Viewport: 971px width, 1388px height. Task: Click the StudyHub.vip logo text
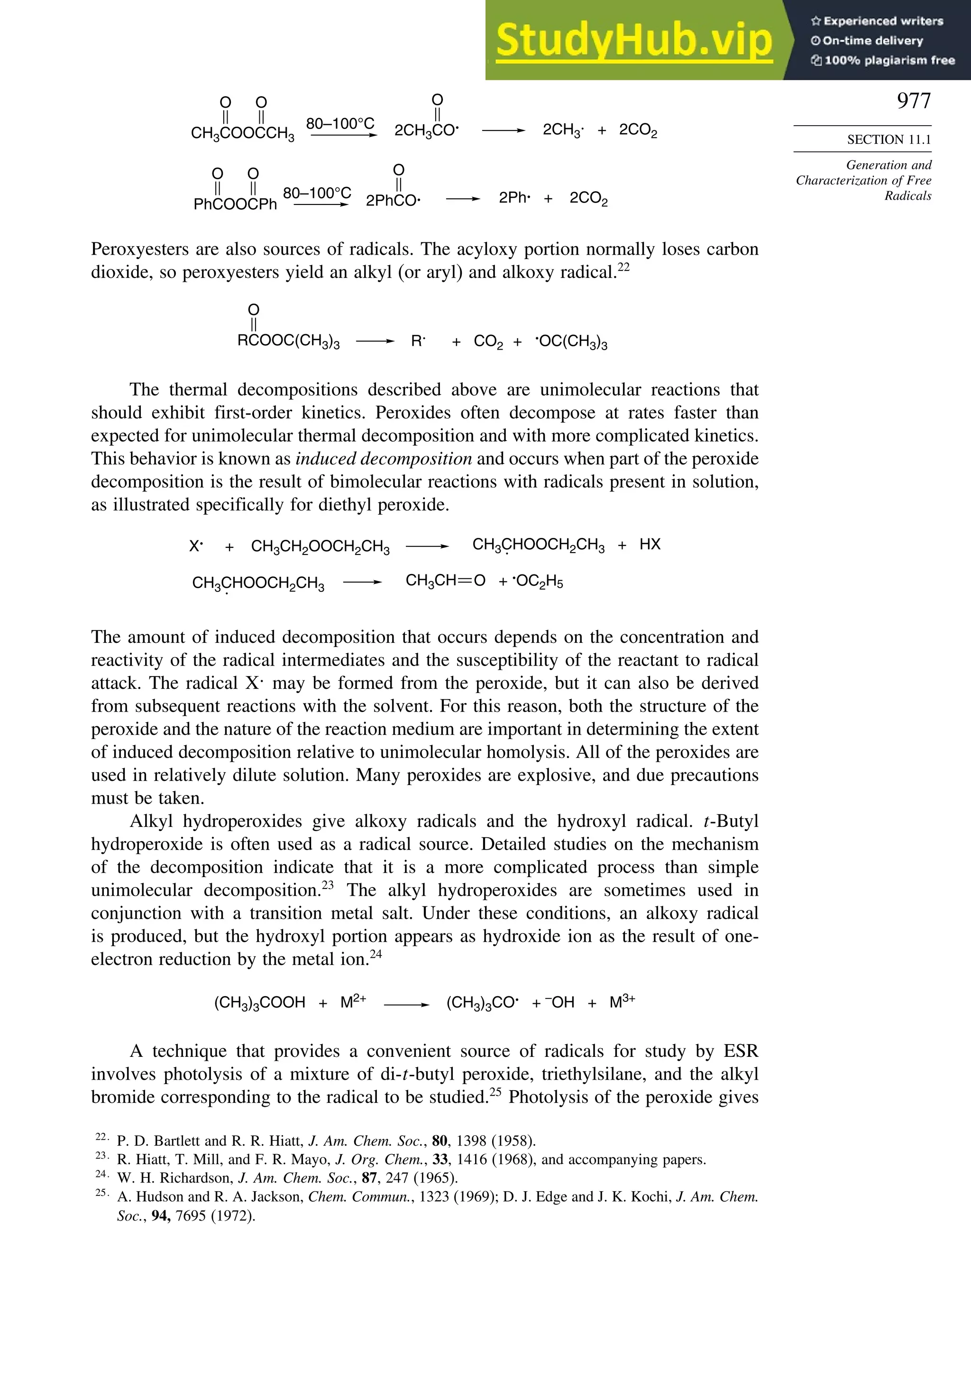tap(634, 40)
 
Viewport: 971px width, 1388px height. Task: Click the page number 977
tap(914, 101)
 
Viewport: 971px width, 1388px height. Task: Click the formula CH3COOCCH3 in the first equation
tap(242, 133)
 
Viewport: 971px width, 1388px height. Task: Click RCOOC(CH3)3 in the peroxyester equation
tap(288, 341)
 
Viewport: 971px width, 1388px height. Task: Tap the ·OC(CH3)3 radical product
tap(571, 342)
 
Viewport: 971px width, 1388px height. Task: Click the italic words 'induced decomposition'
tap(383, 459)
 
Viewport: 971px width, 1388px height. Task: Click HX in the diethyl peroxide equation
tap(650, 544)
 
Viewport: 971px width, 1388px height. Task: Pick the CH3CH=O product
tap(445, 581)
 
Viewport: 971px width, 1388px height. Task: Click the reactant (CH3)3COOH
tap(260, 1003)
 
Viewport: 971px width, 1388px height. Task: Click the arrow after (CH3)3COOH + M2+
tap(406, 1004)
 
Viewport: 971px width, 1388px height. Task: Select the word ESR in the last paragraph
tap(740, 1051)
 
